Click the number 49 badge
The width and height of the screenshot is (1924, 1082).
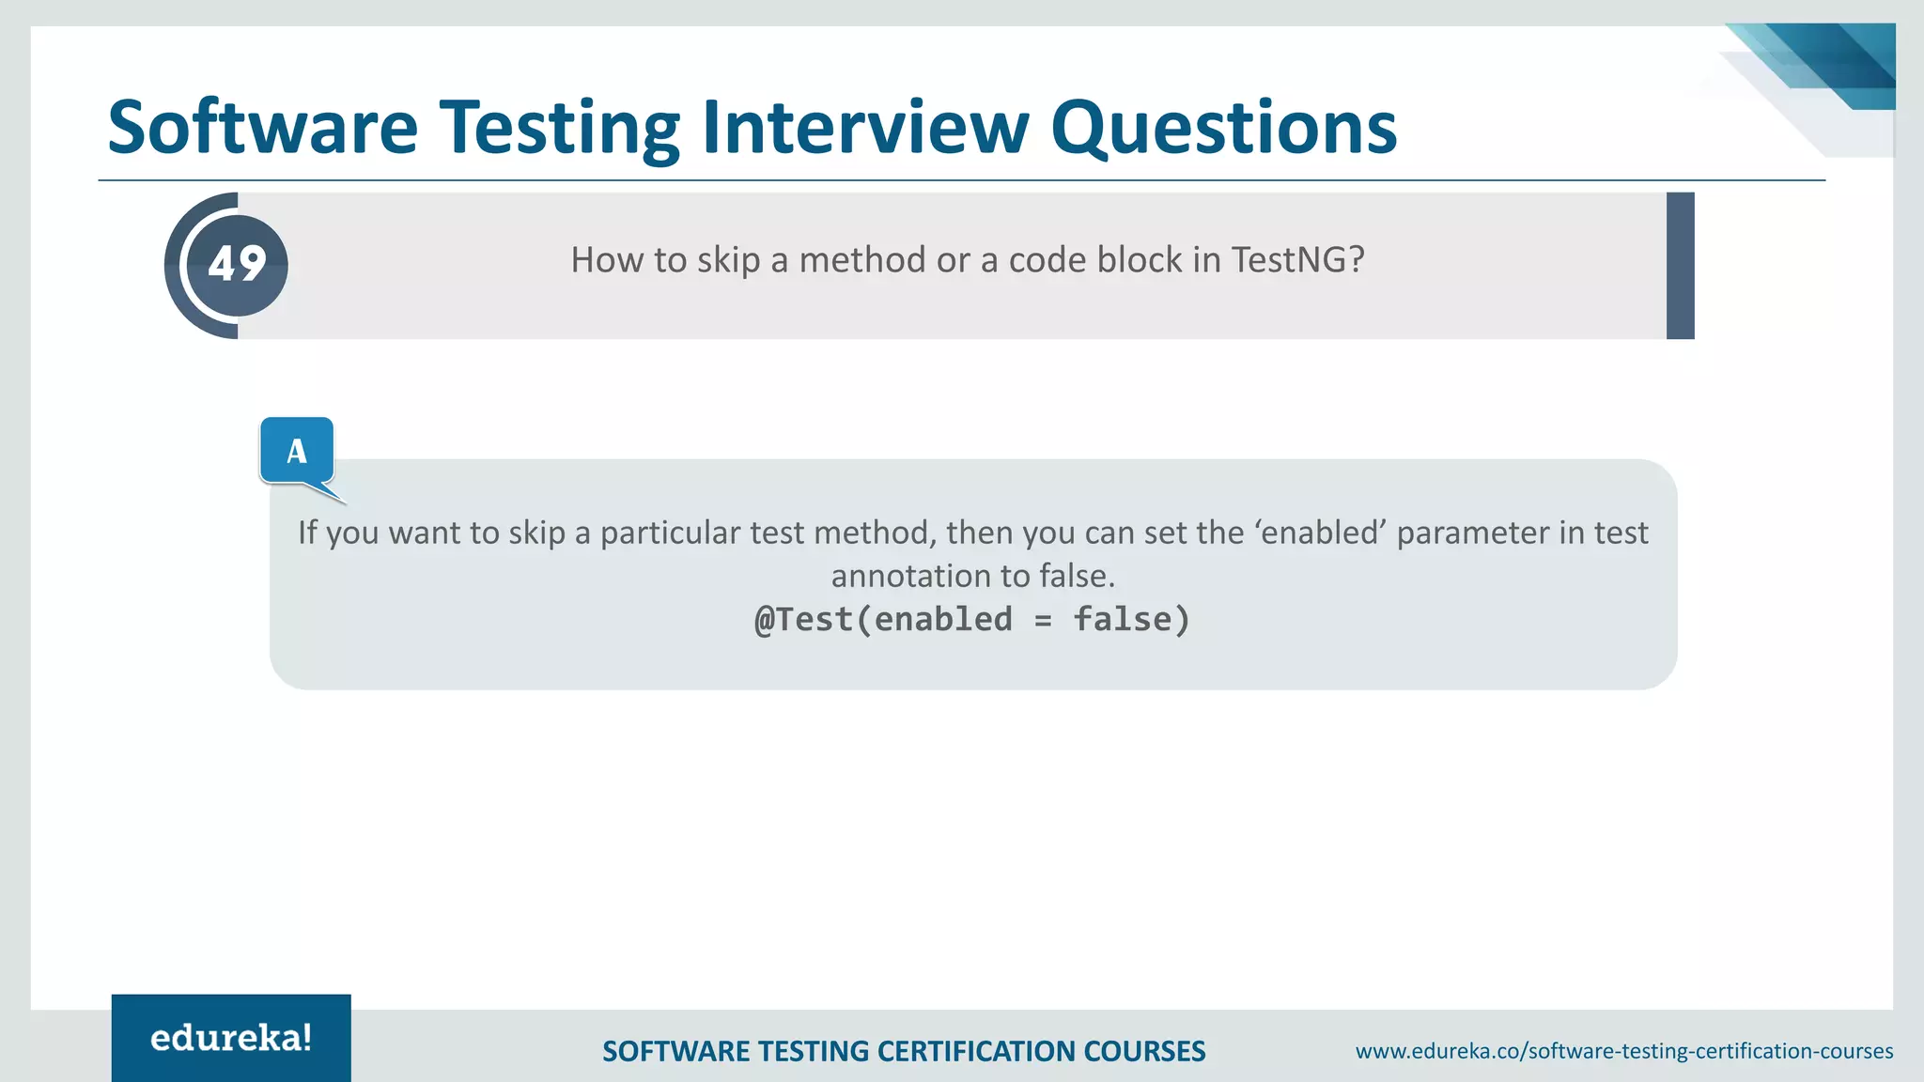(237, 265)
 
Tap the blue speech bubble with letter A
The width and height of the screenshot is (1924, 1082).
(297, 451)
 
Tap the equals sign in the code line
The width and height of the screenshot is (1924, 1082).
(1043, 621)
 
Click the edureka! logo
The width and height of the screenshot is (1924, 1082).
(231, 1038)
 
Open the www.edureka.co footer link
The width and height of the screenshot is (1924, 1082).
(1623, 1051)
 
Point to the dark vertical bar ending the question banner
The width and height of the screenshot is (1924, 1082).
(1680, 266)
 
